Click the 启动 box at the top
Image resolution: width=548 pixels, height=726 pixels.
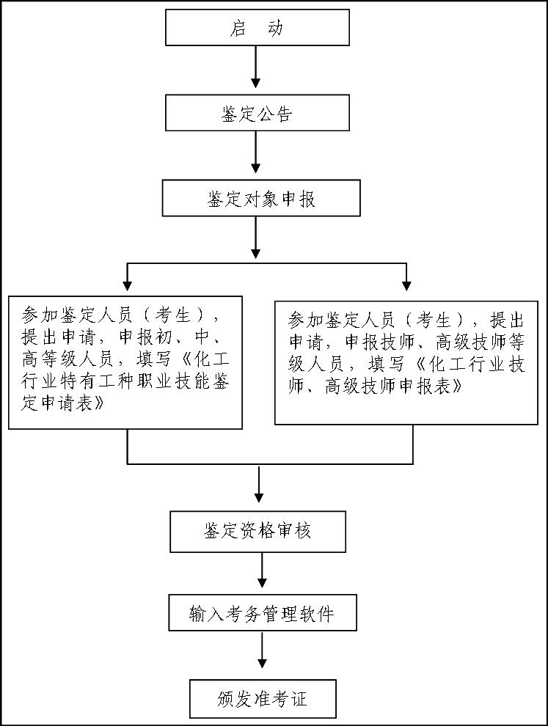pos(257,28)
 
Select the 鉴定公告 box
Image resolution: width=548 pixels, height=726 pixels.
pos(257,113)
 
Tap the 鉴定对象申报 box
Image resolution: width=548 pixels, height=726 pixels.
pos(261,198)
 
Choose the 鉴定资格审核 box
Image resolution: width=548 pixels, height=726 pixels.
pos(257,531)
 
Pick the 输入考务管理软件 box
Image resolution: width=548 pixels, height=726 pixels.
pos(262,613)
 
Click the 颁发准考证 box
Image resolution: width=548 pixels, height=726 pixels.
pos(262,699)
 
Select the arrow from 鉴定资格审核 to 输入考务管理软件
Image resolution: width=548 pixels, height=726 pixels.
pos(263,572)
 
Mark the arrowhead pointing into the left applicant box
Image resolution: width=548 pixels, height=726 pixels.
pos(127,285)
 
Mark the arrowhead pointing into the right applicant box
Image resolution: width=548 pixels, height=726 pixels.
pos(406,285)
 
